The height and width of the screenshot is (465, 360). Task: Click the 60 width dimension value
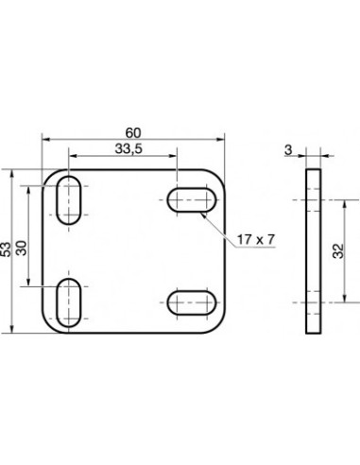133,133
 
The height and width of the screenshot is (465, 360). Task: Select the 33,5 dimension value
129,148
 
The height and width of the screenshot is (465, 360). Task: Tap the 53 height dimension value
6,250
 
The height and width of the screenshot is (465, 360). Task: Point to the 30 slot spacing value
22,248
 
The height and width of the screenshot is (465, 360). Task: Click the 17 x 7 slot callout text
256,240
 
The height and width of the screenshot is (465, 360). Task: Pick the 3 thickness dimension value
288,150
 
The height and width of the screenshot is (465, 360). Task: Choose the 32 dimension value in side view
338,251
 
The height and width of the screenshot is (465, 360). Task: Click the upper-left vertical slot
69,200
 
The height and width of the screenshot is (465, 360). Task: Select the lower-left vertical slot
69,302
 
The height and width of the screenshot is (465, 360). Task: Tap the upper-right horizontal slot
192,200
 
